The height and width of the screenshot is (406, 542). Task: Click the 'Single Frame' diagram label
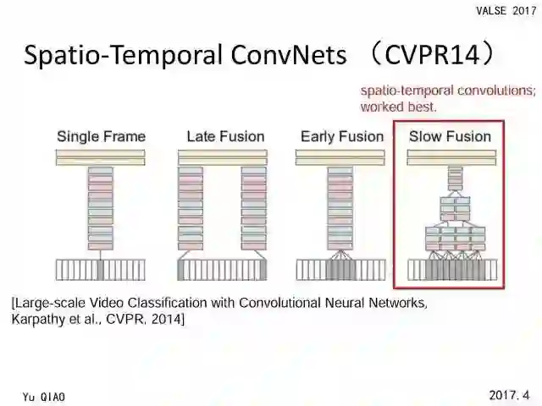click(x=101, y=136)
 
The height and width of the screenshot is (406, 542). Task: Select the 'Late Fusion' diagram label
click(x=225, y=136)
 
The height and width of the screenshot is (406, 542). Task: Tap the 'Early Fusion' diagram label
click(x=341, y=136)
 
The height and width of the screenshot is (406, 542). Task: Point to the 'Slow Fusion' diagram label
click(x=450, y=136)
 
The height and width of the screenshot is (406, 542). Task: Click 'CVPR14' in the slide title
click(x=433, y=55)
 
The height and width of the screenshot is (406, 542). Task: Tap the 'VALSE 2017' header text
click(x=506, y=10)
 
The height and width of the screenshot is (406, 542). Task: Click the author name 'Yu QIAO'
click(x=44, y=397)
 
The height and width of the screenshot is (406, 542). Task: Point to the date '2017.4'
click(x=509, y=395)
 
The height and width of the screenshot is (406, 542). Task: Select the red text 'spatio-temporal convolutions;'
click(x=448, y=91)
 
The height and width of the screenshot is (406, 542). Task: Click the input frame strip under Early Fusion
click(x=340, y=270)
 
